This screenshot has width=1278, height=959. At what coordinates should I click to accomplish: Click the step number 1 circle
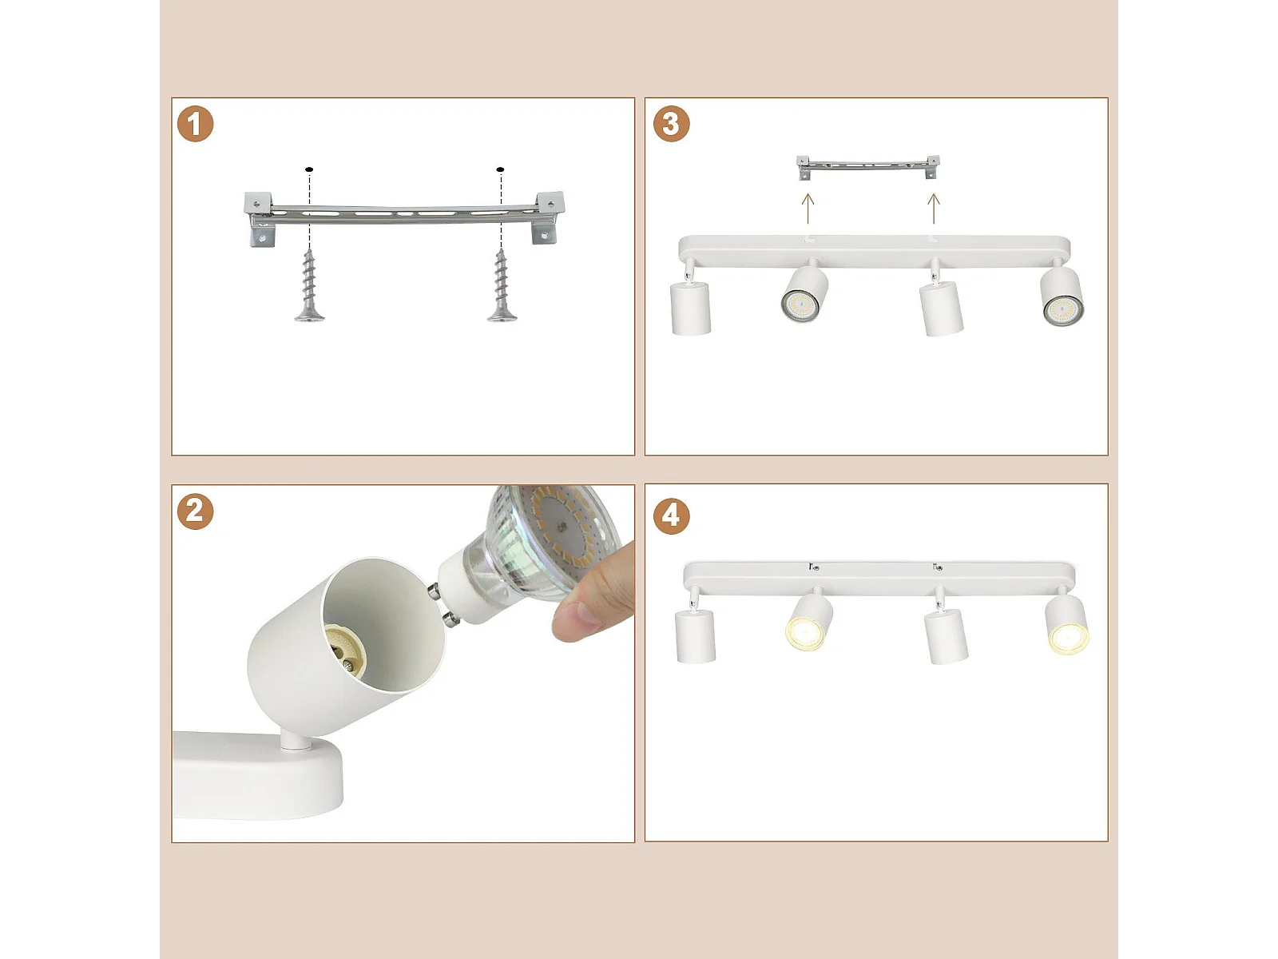pos(195,124)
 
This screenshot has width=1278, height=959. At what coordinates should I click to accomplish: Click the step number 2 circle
pos(195,511)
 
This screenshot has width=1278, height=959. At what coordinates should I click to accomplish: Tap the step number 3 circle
pos(671,124)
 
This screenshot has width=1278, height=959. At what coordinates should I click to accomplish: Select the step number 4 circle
pos(671,516)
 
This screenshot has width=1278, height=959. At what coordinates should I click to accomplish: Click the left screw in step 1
pos(309,285)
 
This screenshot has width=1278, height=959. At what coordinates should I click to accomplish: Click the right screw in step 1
pos(502,285)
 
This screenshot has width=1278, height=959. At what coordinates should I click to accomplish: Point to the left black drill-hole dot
pos(309,169)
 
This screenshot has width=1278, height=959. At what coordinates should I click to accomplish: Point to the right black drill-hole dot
pos(500,169)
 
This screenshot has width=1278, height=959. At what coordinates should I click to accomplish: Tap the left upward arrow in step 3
pos(808,209)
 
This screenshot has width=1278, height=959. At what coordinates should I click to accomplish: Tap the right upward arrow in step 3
pos(934,209)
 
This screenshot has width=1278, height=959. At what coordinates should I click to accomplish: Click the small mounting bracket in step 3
pos(867,165)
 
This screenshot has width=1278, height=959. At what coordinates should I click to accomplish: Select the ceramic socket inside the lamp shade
pos(343,651)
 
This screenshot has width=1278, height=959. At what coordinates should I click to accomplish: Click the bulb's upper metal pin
pos(435,593)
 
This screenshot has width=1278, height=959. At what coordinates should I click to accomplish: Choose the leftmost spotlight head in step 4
pos(695,635)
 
